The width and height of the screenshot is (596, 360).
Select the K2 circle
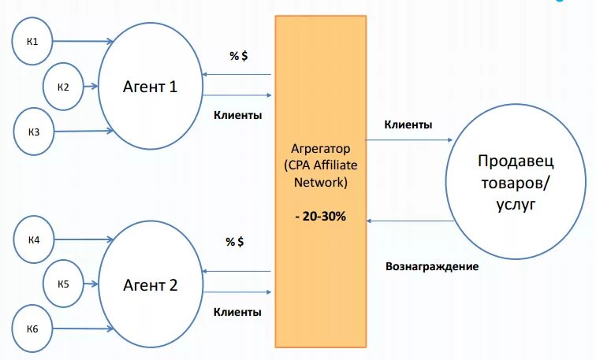[x=63, y=86]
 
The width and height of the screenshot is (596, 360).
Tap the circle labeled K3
[x=34, y=131]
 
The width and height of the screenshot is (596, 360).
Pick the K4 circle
[x=34, y=239]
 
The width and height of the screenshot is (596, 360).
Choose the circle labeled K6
[x=34, y=326]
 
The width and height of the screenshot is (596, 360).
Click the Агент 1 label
[x=150, y=86]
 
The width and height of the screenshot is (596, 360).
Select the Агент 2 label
[x=150, y=284]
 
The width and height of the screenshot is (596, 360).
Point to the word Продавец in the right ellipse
[x=516, y=161]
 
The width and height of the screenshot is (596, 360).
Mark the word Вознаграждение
[x=432, y=266]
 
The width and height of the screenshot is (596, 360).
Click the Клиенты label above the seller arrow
[x=408, y=124]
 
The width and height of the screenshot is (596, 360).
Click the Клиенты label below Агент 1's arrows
[x=237, y=115]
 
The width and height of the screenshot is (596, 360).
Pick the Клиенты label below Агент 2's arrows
[x=237, y=312]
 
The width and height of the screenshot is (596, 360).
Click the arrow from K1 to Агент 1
[x=83, y=41]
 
